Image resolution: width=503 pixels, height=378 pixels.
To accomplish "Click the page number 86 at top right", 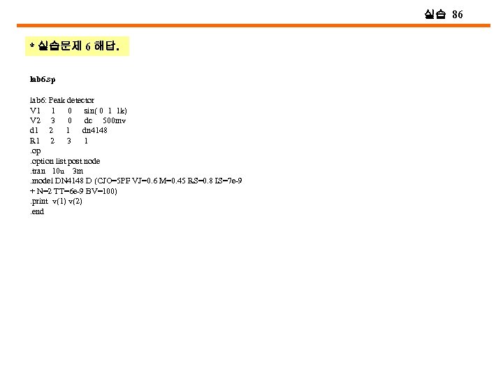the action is [457, 14].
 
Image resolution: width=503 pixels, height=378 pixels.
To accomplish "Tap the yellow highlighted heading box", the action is [75, 46].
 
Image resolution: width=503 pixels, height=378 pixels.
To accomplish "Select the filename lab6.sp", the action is [43, 80].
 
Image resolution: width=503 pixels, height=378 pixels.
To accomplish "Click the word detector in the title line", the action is [80, 100].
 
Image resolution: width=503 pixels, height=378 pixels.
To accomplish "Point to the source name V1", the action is [35, 111].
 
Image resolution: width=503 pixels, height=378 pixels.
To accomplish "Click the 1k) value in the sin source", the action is [122, 111].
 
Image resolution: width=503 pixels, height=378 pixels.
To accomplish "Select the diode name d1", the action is [34, 130].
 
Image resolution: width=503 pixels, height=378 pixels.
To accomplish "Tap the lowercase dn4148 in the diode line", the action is [94, 130].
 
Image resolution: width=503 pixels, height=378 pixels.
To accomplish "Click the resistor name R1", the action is [35, 141].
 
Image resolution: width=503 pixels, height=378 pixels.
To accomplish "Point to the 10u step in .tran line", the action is [58, 171].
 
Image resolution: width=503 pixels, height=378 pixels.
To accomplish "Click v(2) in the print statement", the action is [73, 201].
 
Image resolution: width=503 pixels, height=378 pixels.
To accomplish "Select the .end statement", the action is [36, 211].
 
